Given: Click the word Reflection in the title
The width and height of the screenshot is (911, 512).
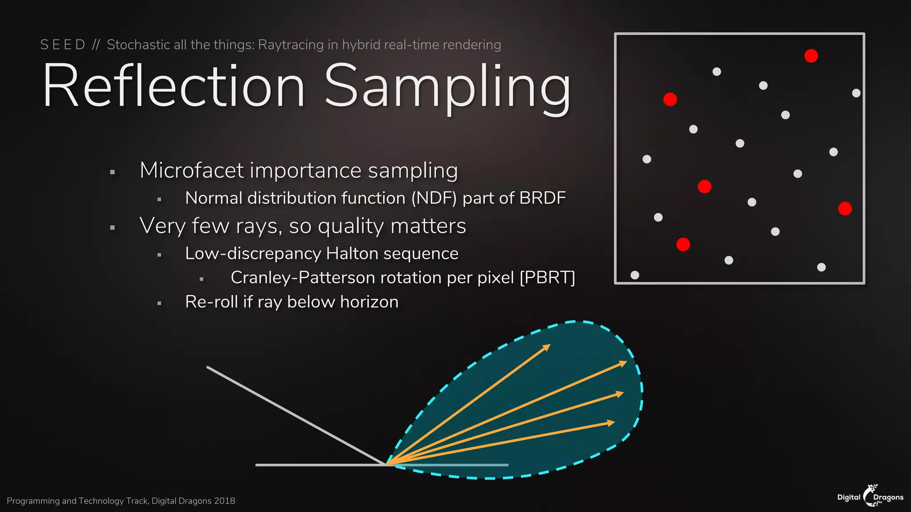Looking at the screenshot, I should click(x=173, y=87).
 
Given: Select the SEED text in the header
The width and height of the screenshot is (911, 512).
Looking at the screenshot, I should click(x=63, y=45).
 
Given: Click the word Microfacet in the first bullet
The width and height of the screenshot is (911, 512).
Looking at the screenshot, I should click(x=192, y=171).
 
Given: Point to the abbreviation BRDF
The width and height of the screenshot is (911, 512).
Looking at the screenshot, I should click(x=542, y=198).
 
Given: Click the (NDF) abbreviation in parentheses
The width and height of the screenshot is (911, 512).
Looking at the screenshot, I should click(x=434, y=198).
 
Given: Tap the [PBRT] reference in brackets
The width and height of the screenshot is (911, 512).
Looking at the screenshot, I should click(x=547, y=278).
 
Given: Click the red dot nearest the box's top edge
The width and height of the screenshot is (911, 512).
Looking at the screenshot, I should click(x=811, y=56).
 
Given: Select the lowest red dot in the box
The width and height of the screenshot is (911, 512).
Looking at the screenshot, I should click(x=683, y=244).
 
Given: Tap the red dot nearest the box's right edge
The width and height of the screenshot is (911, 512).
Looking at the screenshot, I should click(x=845, y=208).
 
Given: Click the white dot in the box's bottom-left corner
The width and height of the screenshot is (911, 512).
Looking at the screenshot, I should click(x=635, y=275).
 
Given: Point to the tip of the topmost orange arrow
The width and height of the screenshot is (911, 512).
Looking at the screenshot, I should click(x=550, y=345).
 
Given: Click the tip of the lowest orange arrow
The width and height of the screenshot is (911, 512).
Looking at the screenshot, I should click(x=614, y=422).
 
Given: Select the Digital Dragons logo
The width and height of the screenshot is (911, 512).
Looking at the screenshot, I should click(x=870, y=496).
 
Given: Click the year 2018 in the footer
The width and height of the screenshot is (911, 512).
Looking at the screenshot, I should click(x=224, y=501).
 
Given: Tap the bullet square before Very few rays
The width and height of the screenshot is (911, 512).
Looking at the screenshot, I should click(x=113, y=228).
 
